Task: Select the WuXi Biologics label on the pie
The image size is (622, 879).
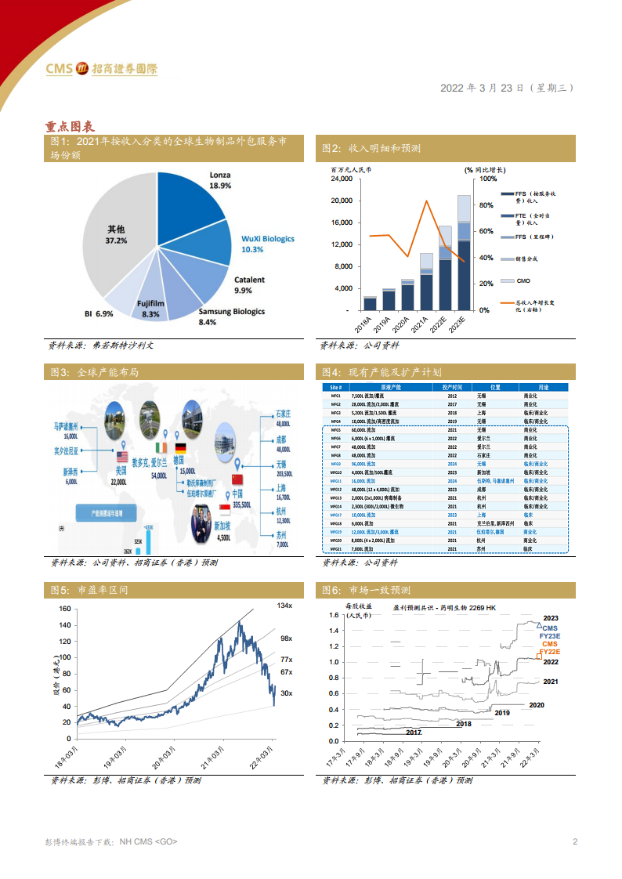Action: (x=267, y=238)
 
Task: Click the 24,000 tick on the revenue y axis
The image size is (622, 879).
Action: (x=342, y=179)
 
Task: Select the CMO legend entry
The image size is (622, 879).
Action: (x=523, y=280)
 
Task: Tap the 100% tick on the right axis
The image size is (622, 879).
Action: (x=487, y=179)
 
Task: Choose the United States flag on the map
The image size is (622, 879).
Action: (x=121, y=457)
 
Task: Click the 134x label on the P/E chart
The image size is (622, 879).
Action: (x=284, y=606)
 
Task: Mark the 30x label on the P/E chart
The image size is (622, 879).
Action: (x=286, y=693)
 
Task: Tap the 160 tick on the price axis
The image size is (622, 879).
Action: (x=65, y=609)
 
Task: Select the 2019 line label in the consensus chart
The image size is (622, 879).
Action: (x=502, y=713)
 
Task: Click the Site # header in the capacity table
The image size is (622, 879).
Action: (x=336, y=388)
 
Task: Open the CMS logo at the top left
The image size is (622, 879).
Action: (x=102, y=69)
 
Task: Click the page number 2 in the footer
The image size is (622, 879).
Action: (x=575, y=841)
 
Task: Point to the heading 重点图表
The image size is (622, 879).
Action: (x=70, y=125)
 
